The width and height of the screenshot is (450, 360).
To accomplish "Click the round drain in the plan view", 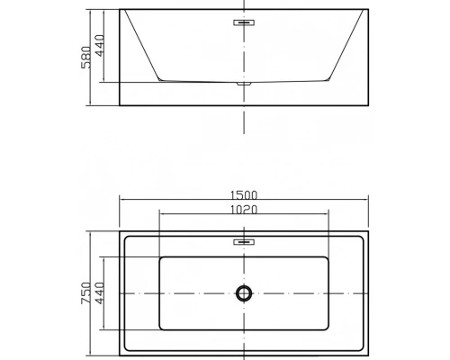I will click(x=244, y=292).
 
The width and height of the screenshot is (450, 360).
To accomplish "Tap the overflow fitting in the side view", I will click(x=244, y=22).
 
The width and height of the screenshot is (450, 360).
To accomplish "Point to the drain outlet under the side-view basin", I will click(x=244, y=84).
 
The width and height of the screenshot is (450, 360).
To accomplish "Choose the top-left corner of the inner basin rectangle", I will click(x=159, y=256).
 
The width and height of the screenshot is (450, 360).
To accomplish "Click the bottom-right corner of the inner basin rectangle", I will click(x=328, y=329).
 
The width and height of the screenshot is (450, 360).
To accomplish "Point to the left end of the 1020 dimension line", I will click(x=158, y=215).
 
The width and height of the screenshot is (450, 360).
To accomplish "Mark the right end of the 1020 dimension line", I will click(x=328, y=215).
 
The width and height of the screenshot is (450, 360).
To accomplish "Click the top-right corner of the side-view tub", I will click(x=368, y=11).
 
